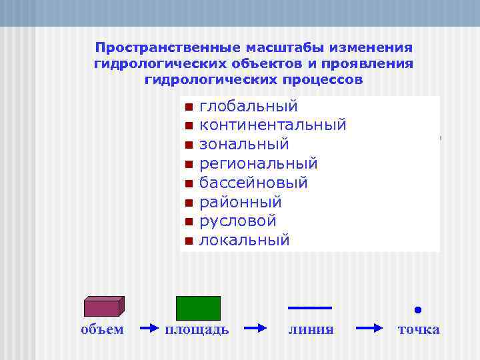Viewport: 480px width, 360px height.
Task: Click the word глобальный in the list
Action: point(249,107)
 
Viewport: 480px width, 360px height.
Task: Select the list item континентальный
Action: point(273,125)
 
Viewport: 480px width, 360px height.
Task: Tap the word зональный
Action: point(244,144)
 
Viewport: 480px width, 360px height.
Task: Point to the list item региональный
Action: point(259,163)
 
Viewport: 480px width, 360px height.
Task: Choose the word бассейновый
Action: point(253,183)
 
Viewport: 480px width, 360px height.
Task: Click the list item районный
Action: point(241,202)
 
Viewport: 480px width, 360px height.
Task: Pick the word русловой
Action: point(238,221)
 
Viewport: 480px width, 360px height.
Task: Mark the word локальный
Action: point(245,240)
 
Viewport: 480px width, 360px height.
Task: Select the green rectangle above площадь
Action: point(198,308)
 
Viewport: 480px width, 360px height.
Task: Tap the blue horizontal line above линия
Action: point(309,308)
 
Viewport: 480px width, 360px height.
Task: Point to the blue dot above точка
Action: point(418,309)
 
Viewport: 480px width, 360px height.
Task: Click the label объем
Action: point(102,329)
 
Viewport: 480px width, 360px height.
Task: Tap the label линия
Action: point(311,329)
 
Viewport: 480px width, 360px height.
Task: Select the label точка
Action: point(419,329)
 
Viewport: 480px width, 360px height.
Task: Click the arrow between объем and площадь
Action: point(150,329)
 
